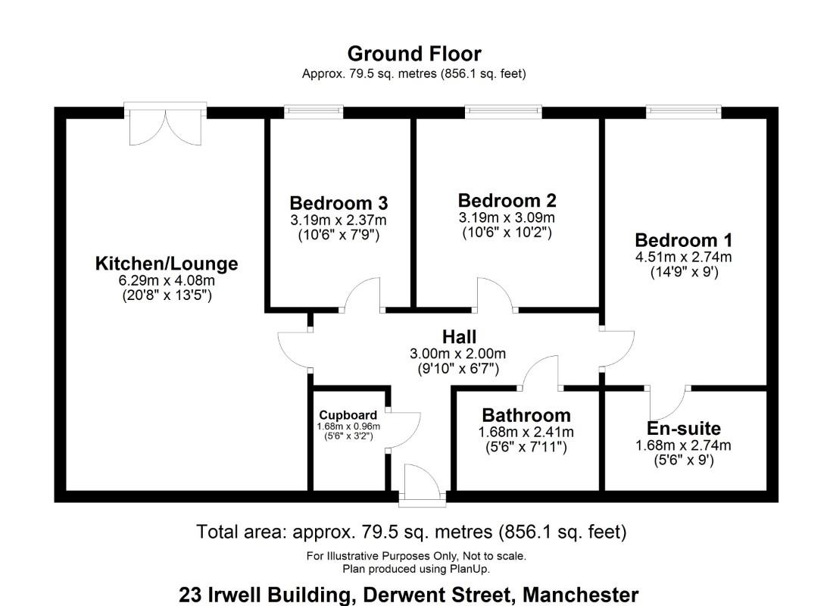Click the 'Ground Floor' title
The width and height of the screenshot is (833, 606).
(x=413, y=54)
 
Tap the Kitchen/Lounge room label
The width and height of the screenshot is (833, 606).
(x=167, y=264)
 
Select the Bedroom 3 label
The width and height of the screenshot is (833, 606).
(x=339, y=203)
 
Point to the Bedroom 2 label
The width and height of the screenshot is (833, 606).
(x=507, y=201)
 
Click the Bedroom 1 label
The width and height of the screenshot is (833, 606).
(x=683, y=240)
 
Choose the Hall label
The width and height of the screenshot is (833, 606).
(x=459, y=336)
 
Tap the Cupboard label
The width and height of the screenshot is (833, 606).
(x=348, y=415)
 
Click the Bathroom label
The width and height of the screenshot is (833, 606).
(x=526, y=415)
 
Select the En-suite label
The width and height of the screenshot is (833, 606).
(x=683, y=428)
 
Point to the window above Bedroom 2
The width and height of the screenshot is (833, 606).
(x=504, y=112)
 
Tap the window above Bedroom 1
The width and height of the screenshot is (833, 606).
(x=683, y=112)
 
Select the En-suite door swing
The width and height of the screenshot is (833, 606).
(x=671, y=401)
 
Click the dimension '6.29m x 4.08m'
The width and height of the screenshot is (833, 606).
(x=167, y=280)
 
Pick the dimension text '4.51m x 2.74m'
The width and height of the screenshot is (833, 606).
(x=683, y=257)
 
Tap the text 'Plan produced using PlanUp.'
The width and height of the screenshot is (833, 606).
(x=416, y=568)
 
